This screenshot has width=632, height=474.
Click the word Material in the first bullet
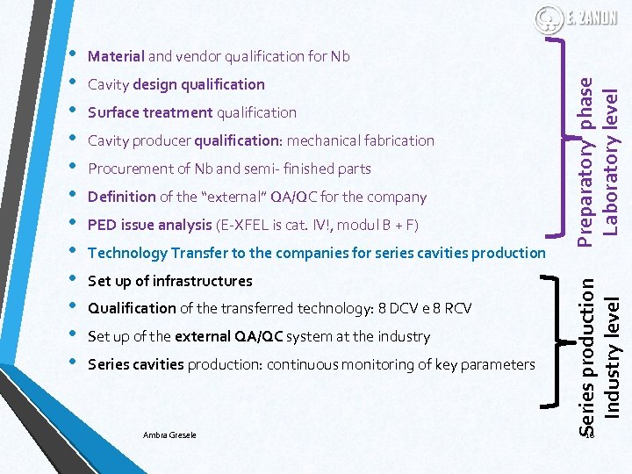pyautogui.click(x=116, y=57)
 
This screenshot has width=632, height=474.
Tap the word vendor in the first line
pyautogui.click(x=198, y=57)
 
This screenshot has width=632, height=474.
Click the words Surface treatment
pyautogui.click(x=150, y=113)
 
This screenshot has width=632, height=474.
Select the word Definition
pyautogui.click(x=122, y=197)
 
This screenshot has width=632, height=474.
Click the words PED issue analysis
pyautogui.click(x=150, y=226)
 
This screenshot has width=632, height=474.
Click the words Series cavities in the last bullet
pyautogui.click(x=136, y=365)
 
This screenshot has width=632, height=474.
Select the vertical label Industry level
pyautogui.click(x=614, y=355)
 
